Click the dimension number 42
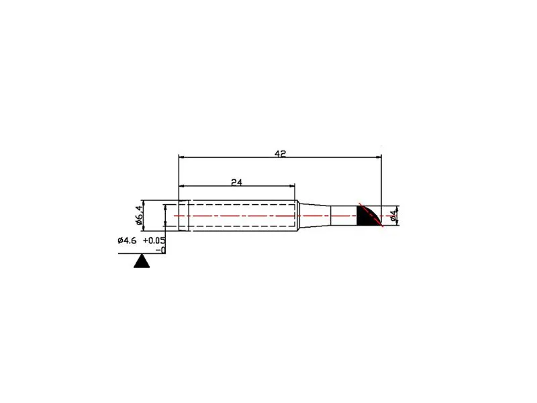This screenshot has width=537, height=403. click(280, 154)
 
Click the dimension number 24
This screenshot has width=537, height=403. click(236, 182)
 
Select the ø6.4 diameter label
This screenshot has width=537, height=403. click(139, 215)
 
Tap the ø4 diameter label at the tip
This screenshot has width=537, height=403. click(393, 215)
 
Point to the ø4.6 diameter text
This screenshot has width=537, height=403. click(127, 240)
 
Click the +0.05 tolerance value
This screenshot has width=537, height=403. click(154, 240)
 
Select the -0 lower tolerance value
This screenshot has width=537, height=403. click(160, 250)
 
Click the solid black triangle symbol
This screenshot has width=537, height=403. click(142, 261)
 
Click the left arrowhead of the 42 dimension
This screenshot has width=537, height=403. click(182, 157)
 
